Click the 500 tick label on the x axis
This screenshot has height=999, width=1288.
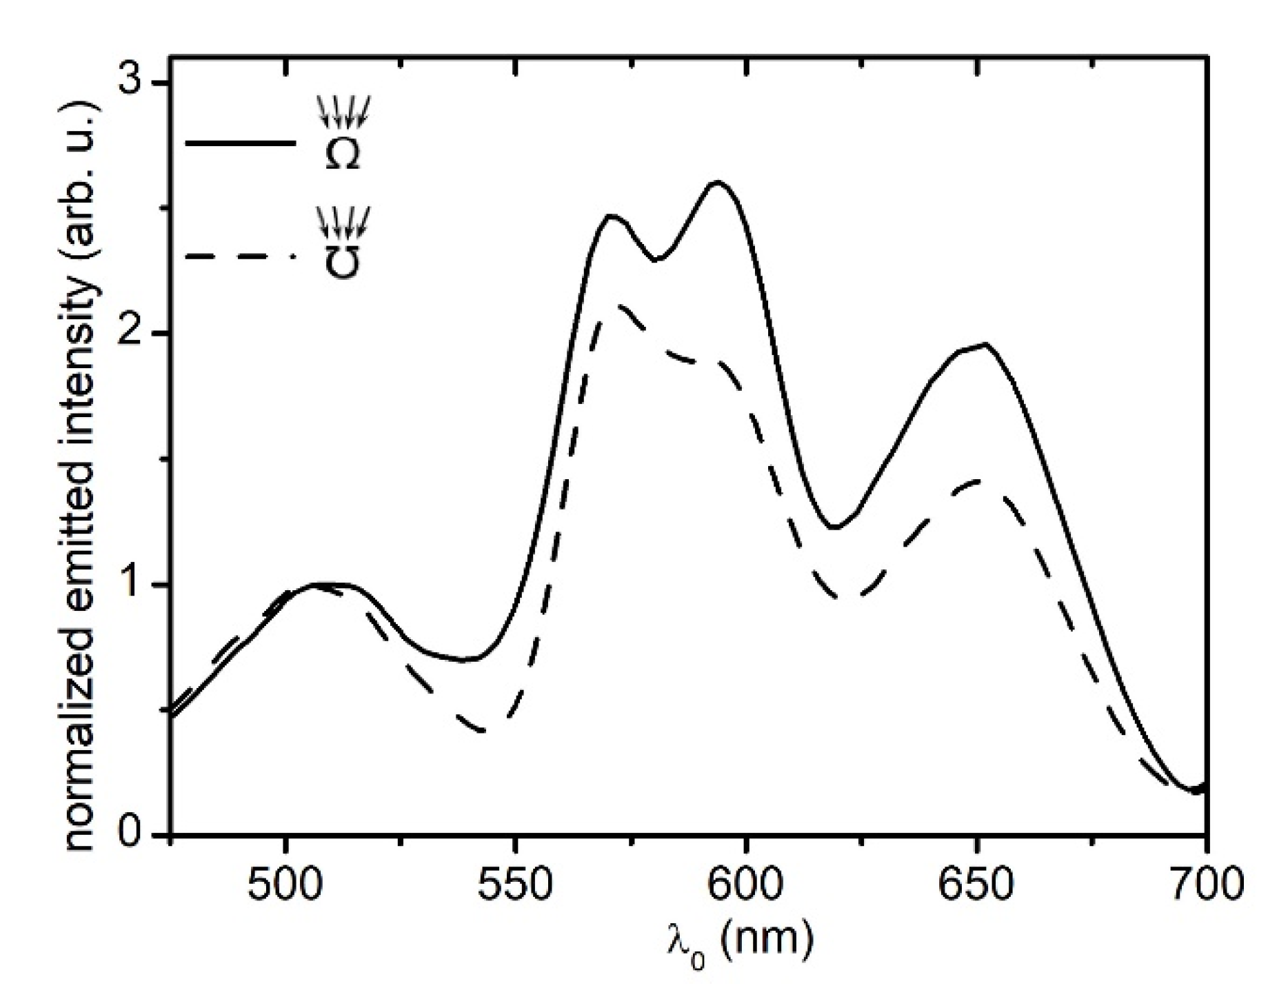pos(285,885)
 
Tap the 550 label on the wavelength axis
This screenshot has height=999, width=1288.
pos(515,885)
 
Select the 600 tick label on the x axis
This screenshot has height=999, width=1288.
pos(745,885)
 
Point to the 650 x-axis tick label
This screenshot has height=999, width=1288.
pos(976,885)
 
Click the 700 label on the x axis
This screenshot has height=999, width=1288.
pos(1205,885)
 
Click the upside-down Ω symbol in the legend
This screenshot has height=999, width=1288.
pos(342,262)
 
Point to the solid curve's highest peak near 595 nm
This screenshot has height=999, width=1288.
pos(718,182)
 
